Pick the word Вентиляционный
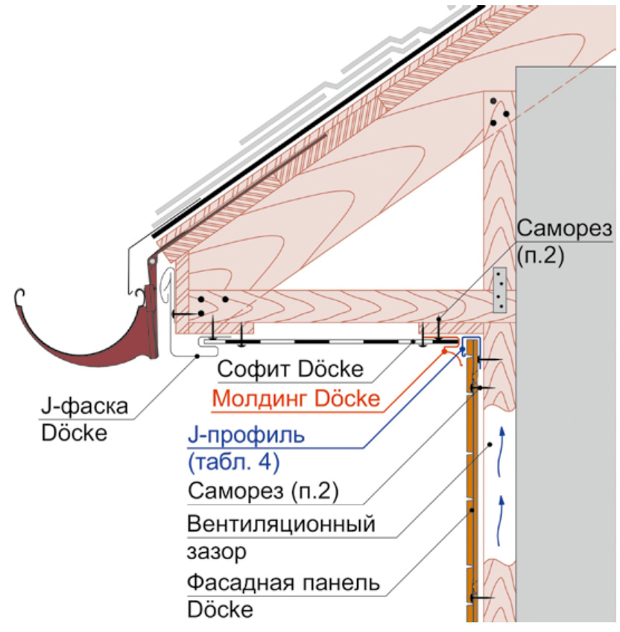[279, 524]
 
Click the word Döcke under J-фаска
[75, 433]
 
